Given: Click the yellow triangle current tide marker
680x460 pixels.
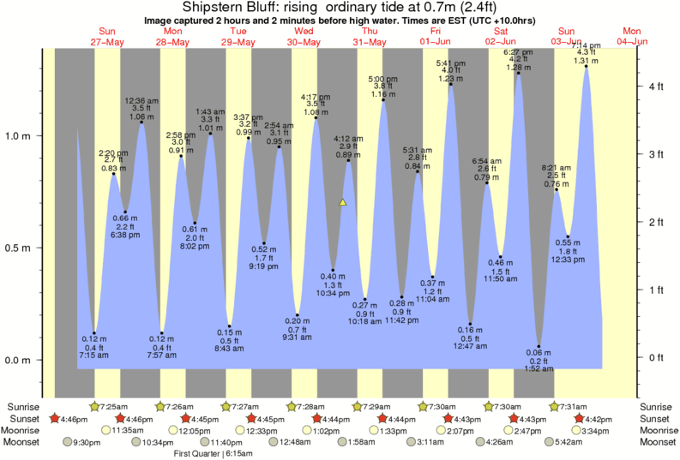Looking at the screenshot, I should click(x=342, y=202).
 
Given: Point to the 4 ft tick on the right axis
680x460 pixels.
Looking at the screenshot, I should click(x=640, y=87).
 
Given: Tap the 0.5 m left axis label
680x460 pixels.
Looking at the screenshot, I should click(x=19, y=248).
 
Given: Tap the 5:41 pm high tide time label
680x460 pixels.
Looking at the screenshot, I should click(x=451, y=63).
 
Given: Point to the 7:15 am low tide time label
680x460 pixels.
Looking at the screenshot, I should click(x=94, y=355).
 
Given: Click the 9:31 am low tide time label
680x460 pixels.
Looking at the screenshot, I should click(x=298, y=337).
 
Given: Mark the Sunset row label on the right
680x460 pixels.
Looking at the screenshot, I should click(x=658, y=418).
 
